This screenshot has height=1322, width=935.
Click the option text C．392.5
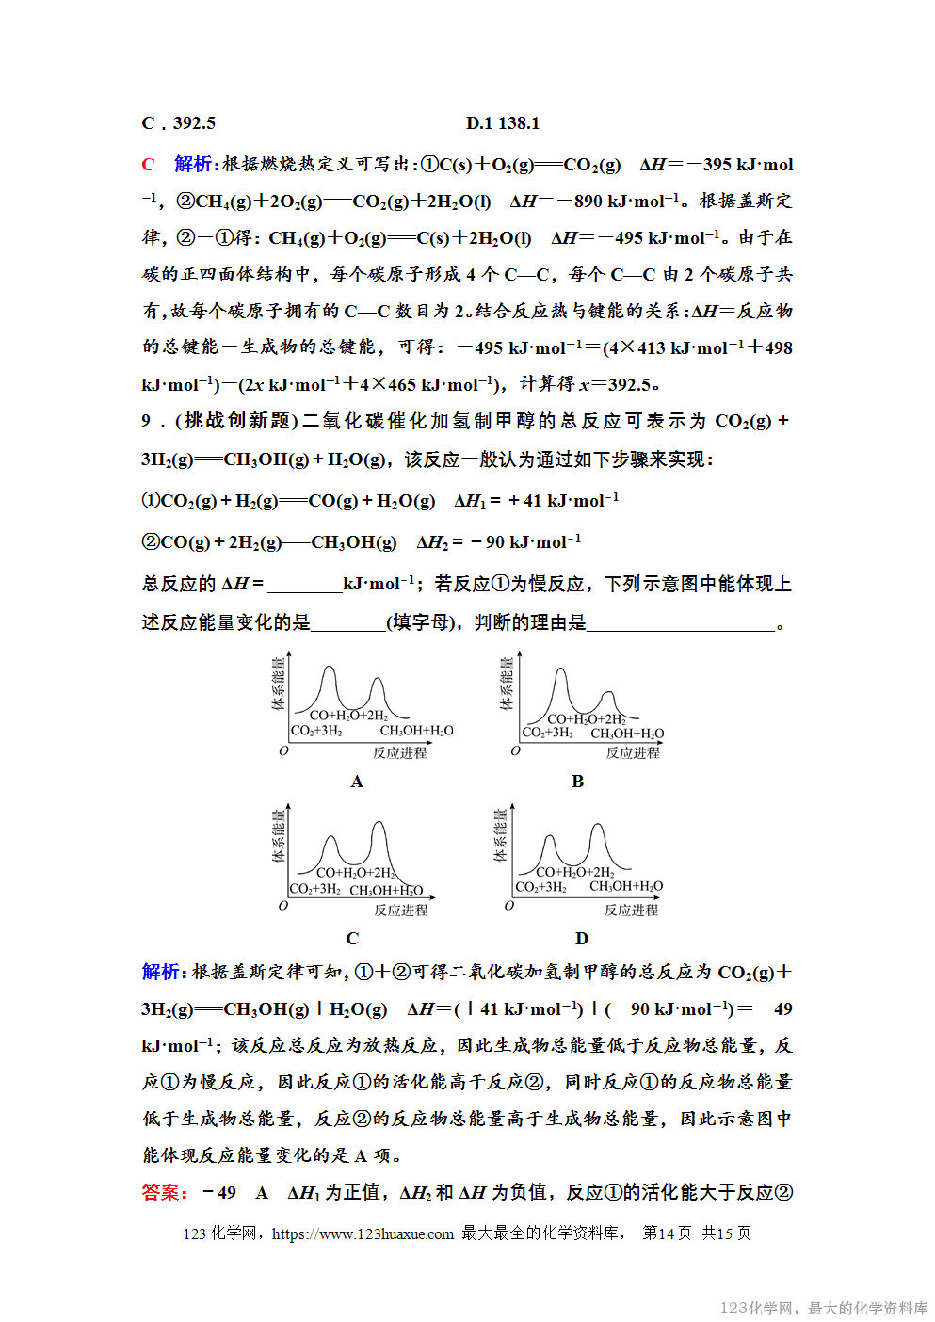[179, 123]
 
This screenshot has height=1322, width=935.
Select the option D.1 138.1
[503, 123]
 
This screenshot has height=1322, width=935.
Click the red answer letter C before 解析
[148, 165]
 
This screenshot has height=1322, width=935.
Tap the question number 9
[147, 421]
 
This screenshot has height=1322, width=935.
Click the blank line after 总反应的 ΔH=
[304, 586]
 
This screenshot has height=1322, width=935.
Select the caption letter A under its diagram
[357, 782]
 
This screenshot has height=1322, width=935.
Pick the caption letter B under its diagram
[577, 782]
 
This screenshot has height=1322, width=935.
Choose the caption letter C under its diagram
[352, 939]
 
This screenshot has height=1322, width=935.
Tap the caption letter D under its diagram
[581, 939]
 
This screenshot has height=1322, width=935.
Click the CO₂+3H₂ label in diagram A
[316, 731]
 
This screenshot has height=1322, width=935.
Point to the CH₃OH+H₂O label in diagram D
[626, 886]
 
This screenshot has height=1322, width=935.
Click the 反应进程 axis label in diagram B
[633, 752]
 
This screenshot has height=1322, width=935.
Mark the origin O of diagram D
[509, 906]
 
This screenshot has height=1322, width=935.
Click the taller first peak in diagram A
[329, 671]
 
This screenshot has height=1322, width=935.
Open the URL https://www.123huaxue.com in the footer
[363, 1233]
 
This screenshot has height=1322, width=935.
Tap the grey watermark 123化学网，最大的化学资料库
[823, 1308]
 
